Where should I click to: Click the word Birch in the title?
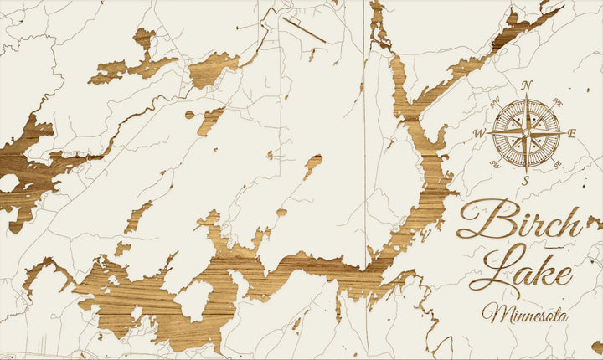coord(519,222)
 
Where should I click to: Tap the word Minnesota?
coord(524,315)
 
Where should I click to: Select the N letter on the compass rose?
coord(527,85)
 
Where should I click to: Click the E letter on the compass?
coord(572,133)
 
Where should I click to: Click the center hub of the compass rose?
coord(526,131)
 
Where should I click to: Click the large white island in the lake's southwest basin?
coord(195,300)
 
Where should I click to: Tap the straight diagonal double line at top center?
coord(303,29)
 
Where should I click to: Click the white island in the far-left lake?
coord(9,183)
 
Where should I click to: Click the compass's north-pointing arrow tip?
coord(527,95)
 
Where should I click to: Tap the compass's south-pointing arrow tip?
coord(526,169)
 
